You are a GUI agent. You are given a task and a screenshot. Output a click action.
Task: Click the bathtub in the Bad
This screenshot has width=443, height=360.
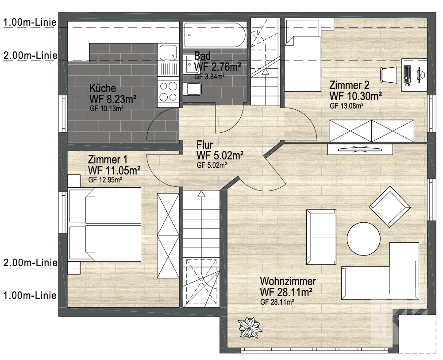[x=215, y=35]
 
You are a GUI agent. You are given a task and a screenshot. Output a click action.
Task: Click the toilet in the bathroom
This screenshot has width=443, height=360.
[x=193, y=89]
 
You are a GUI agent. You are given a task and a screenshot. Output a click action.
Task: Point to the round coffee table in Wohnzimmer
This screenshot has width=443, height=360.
[x=364, y=239]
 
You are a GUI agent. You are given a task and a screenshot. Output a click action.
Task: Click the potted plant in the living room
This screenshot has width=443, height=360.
[x=250, y=328]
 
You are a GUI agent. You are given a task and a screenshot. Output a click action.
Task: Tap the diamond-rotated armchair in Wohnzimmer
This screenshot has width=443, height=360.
[x=389, y=206]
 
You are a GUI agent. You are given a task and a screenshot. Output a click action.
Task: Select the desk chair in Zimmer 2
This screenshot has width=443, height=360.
[x=389, y=75]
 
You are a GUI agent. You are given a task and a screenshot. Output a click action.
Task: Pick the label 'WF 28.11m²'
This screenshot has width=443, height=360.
[x=286, y=292]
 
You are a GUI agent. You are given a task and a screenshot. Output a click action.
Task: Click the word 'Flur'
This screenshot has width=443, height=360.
[x=204, y=145]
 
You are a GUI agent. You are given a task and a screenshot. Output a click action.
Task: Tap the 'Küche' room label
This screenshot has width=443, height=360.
[x=103, y=88]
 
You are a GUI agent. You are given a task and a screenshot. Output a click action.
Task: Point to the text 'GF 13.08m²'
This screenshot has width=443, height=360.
[x=347, y=106]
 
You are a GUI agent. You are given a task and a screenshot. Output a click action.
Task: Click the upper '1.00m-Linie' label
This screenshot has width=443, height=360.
[x=30, y=22]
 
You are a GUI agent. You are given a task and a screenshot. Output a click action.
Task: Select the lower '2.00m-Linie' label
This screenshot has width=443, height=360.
[x=30, y=263]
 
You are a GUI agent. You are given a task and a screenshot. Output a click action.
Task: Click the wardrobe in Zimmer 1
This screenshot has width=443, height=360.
[x=168, y=236]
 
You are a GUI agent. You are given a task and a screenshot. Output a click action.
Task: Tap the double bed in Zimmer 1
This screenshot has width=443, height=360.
[x=105, y=225]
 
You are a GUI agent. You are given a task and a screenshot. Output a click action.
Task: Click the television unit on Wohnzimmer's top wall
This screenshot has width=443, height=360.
[x=360, y=149]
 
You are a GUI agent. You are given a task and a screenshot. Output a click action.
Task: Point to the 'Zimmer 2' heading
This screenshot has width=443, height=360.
[x=349, y=85]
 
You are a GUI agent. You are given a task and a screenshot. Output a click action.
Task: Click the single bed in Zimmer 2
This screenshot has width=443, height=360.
[x=303, y=55]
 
